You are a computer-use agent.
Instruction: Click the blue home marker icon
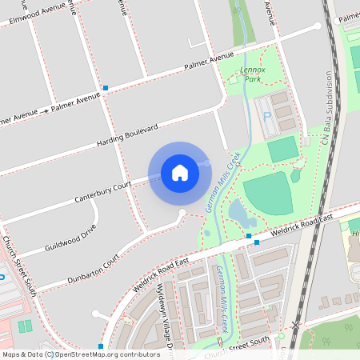(x=180, y=172)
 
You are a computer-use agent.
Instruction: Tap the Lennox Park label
(x=252, y=75)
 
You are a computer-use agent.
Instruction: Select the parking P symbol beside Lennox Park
(x=266, y=117)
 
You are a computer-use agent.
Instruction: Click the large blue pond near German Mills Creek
(x=238, y=212)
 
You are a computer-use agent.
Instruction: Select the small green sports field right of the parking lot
(x=282, y=149)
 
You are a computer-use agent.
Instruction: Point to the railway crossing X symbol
(x=296, y=326)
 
